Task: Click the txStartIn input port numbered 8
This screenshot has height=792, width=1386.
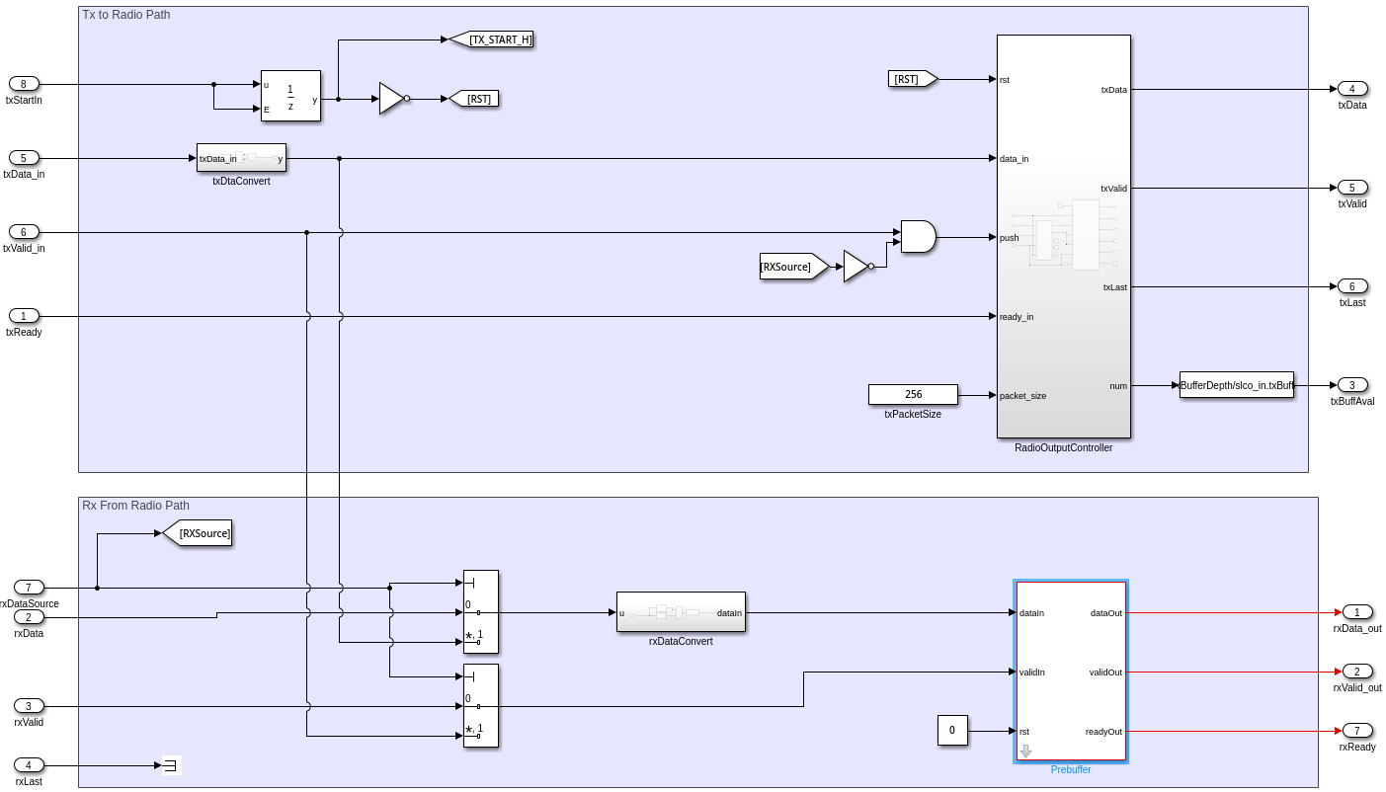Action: tap(24, 84)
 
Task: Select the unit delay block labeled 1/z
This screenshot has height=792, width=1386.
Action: tap(290, 96)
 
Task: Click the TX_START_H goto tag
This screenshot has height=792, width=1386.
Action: tap(492, 40)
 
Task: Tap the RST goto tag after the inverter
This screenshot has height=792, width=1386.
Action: tap(475, 99)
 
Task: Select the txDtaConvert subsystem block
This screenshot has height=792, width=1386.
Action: tap(241, 158)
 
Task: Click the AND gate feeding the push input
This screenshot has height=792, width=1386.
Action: tap(918, 237)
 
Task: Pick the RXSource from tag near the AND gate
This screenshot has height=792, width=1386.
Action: tap(792, 267)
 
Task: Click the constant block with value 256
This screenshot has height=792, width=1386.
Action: tap(913, 395)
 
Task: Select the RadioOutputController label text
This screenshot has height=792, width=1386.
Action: tap(1063, 448)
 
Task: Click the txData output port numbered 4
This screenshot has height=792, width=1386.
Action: tap(1352, 89)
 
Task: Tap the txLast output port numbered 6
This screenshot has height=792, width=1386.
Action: tap(1352, 286)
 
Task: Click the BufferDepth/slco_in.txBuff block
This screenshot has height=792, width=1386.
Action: tap(1236, 385)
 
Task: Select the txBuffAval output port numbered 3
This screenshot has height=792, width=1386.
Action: tap(1352, 385)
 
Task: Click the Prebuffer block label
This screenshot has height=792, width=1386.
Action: tap(1071, 770)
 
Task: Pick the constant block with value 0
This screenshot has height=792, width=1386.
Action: tap(952, 731)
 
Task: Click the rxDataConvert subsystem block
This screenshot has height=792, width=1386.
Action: tap(681, 612)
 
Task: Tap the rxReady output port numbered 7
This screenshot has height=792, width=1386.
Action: tap(1357, 731)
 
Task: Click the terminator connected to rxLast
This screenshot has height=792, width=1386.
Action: tap(171, 765)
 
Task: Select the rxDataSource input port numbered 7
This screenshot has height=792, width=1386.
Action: tap(29, 588)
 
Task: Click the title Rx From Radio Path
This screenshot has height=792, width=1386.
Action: tap(135, 506)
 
